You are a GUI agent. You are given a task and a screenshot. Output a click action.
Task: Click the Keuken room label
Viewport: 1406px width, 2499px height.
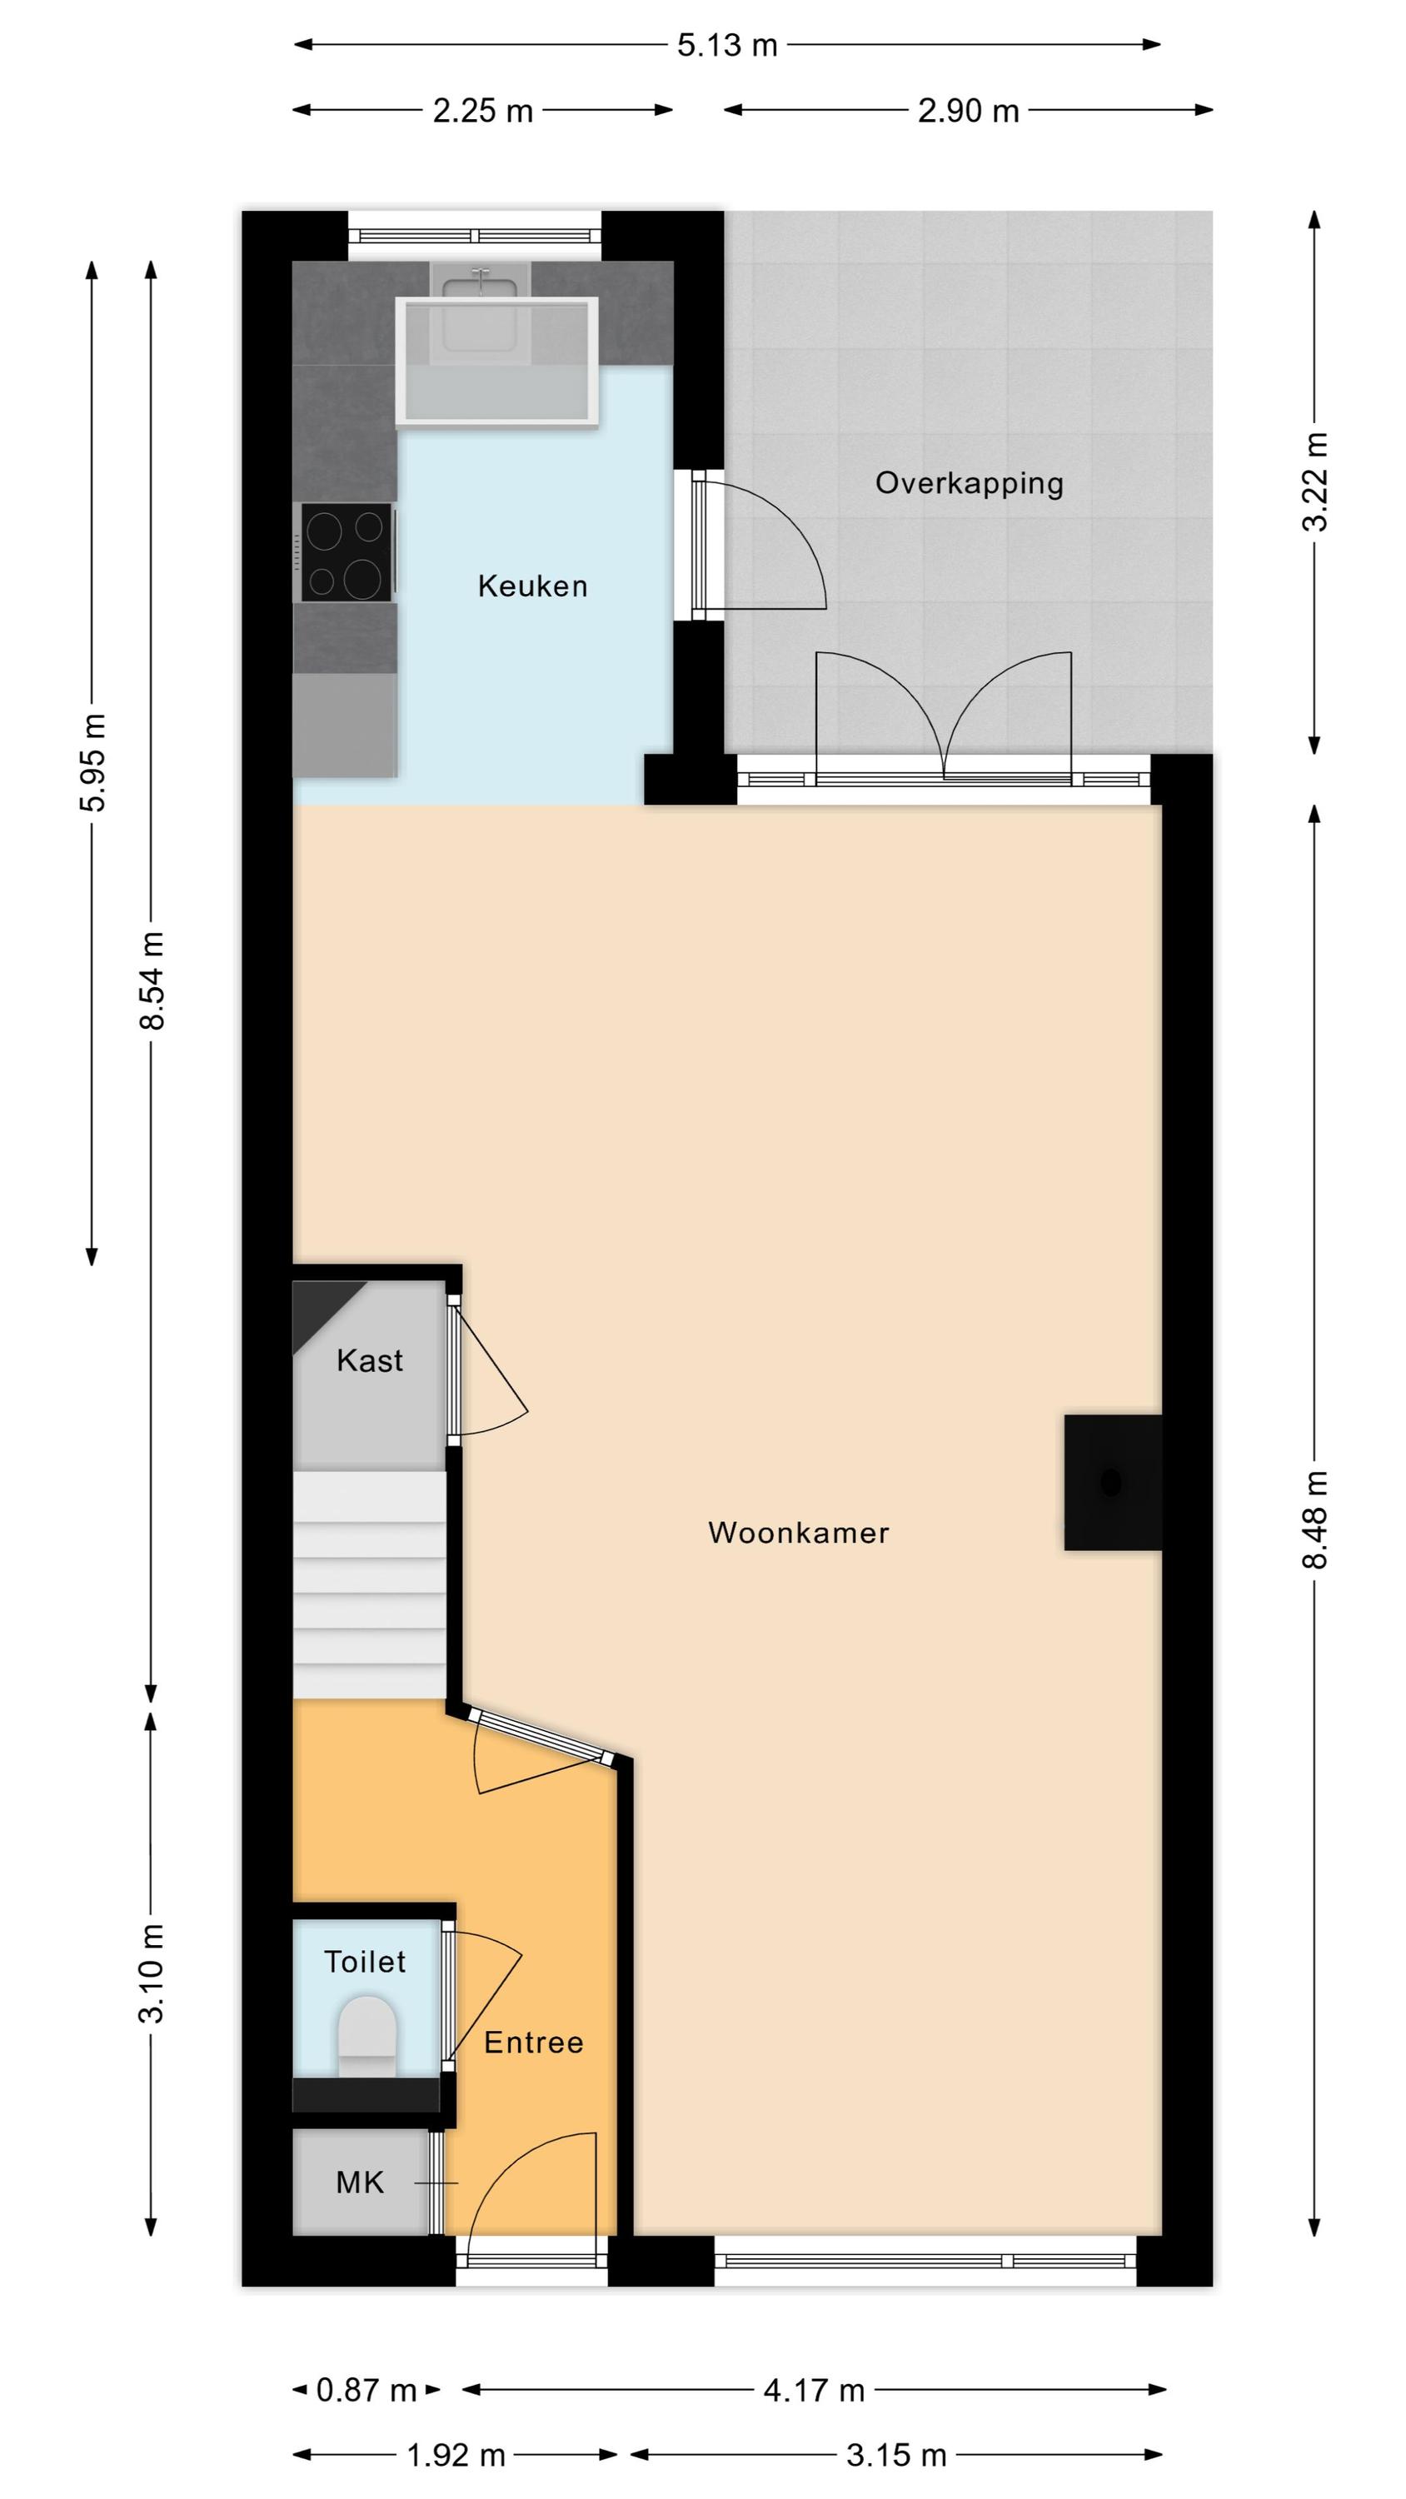click(533, 586)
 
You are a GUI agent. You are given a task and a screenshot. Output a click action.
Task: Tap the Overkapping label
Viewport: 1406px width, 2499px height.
click(970, 483)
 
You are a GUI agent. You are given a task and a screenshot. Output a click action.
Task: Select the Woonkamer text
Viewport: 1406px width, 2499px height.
click(799, 1533)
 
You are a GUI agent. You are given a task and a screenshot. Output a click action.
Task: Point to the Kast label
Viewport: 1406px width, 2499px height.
click(370, 1361)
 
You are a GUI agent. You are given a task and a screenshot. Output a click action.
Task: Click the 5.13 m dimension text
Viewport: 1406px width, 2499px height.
click(728, 46)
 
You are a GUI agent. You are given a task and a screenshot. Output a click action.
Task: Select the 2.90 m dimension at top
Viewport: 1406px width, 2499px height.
click(969, 111)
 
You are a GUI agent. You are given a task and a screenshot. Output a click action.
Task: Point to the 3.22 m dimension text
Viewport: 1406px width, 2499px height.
click(1316, 482)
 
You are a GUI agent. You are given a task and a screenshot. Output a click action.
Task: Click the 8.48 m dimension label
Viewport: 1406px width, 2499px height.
click(1316, 1520)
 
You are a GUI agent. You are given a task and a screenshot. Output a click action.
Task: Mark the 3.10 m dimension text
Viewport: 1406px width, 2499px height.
click(152, 1973)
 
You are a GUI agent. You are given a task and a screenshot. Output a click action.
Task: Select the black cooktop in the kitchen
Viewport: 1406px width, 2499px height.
click(347, 552)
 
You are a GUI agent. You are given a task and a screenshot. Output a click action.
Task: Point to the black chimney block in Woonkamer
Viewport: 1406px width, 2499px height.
click(1113, 1483)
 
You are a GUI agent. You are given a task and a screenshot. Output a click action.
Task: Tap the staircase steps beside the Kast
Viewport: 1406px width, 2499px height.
click(370, 1585)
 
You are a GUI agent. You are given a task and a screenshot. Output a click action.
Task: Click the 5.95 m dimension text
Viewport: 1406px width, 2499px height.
click(93, 762)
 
